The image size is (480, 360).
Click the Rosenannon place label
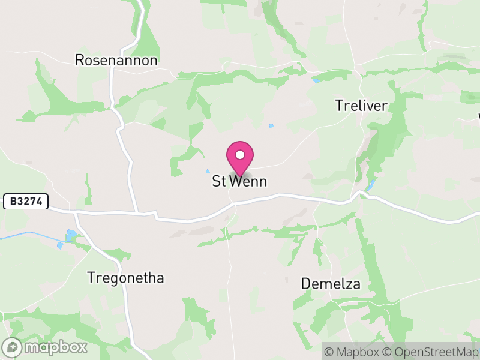pos(116,60)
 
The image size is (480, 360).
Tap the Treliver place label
pos(361,106)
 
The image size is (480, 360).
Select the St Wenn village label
pos(239,181)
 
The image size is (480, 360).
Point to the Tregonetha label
pos(125,278)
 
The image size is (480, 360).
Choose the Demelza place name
pos(331,284)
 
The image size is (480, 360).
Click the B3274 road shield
pos(26,202)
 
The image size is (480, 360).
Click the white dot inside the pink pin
pos(240,155)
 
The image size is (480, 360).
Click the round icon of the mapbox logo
pos(13,347)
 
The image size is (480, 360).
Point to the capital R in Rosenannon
pos(79,60)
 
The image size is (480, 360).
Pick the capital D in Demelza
pos(305,284)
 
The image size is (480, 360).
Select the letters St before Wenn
pos(218,181)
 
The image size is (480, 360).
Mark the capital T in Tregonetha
pos(91,278)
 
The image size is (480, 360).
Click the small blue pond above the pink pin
pos(271,126)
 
